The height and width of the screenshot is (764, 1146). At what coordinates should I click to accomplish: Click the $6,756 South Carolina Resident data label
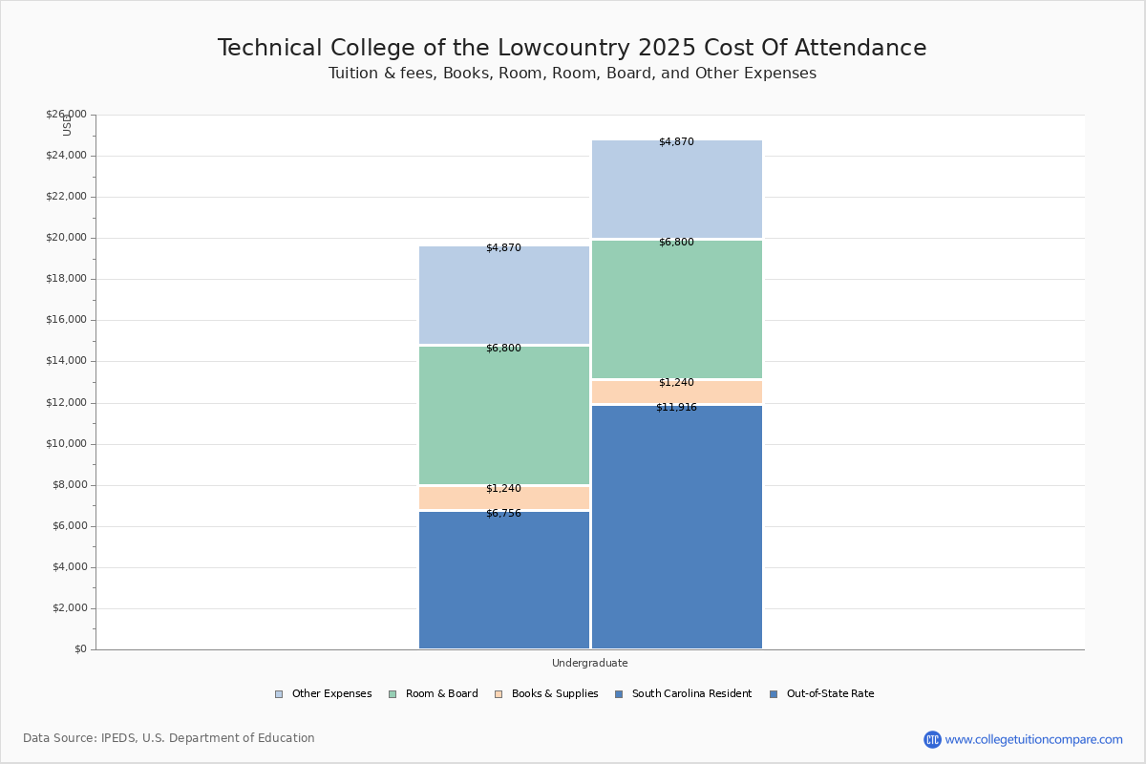click(503, 514)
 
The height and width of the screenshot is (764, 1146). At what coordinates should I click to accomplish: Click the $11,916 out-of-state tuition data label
click(676, 408)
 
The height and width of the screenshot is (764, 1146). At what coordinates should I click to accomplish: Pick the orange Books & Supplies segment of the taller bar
click(676, 393)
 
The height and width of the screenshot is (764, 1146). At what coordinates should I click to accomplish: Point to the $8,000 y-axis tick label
click(69, 485)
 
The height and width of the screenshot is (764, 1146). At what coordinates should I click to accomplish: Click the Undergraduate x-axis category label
click(589, 663)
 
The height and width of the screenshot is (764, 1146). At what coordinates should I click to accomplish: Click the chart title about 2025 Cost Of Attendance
click(572, 48)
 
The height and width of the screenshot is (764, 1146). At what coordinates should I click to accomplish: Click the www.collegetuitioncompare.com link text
click(1033, 739)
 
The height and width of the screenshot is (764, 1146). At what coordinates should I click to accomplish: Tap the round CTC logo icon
click(932, 739)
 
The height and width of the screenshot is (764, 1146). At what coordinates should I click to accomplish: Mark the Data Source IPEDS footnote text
click(169, 738)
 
